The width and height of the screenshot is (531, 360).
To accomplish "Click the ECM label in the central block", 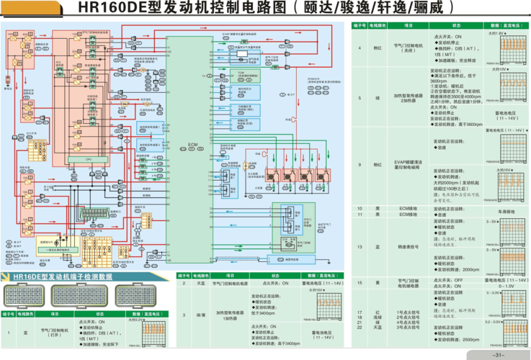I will tap(192, 145).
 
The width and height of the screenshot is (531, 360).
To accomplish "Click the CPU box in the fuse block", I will tap(89, 158).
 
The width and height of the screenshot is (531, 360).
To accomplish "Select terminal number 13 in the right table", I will tap(360, 247).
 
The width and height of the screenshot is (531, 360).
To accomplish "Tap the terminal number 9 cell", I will tap(360, 164).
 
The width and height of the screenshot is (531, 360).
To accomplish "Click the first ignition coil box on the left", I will tap(275, 175).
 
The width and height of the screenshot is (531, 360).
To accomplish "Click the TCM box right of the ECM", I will tap(242, 73).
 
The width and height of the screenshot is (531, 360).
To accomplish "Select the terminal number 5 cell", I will tap(360, 96).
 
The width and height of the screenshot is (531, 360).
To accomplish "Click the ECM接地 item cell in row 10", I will tap(408, 208).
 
